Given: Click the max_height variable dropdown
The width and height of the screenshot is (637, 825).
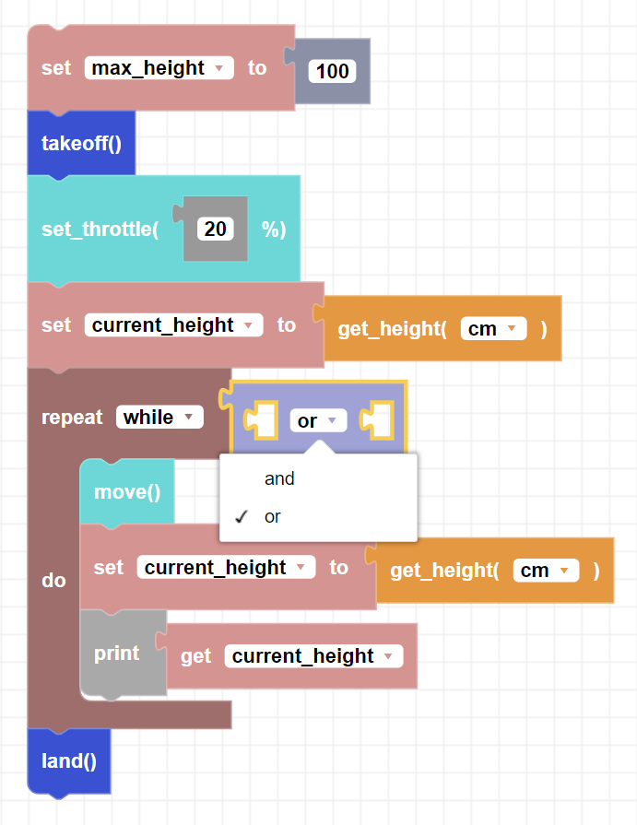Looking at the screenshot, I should [159, 68].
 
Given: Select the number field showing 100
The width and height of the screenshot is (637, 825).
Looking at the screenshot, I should [332, 72].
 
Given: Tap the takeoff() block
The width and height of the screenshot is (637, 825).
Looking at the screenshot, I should [81, 143].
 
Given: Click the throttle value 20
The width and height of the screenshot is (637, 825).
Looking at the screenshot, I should [216, 229].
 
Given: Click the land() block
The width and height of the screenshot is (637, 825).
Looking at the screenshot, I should [69, 760].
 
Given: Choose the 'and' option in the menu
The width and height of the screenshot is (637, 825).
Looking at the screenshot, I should [279, 478].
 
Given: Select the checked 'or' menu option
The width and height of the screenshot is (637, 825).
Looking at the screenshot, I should [273, 516].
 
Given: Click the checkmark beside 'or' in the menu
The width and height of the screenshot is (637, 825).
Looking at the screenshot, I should [242, 516].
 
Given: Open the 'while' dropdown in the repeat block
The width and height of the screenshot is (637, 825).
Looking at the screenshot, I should [159, 418].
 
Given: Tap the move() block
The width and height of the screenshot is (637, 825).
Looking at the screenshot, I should [127, 491].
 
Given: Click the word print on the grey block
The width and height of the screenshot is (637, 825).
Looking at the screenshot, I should [117, 654].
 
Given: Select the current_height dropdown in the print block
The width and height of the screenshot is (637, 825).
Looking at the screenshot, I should [314, 656].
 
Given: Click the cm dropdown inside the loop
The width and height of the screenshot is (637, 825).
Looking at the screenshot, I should [546, 571].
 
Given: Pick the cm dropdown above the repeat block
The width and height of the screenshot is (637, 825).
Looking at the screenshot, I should [493, 328].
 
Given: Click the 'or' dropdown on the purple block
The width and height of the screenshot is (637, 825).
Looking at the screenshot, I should [318, 421].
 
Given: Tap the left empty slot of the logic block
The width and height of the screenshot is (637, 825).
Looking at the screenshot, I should [260, 421].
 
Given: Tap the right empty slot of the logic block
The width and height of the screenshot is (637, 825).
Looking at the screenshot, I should [377, 421].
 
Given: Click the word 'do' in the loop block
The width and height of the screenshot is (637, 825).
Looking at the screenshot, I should [54, 581].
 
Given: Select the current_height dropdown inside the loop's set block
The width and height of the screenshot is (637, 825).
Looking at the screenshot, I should [226, 568].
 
